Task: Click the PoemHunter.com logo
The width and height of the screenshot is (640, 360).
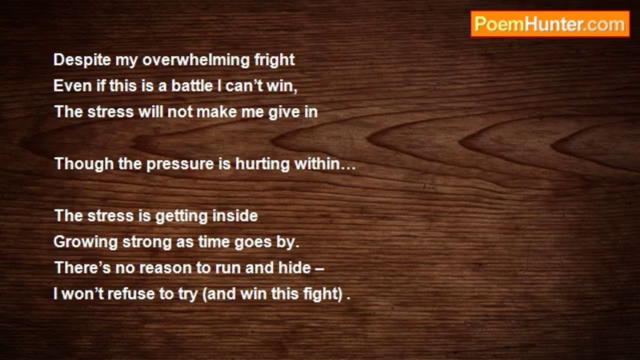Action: tap(550, 24)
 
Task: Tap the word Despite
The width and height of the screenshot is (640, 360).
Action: tap(82, 60)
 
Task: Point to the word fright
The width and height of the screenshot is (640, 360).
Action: tap(274, 60)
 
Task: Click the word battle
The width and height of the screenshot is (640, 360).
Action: tap(192, 85)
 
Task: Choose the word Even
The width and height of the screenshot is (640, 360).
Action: tap(72, 85)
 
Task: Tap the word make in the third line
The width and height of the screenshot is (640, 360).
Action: tap(216, 111)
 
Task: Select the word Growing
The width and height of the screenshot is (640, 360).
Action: tap(85, 242)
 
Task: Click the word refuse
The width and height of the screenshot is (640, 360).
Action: tap(131, 293)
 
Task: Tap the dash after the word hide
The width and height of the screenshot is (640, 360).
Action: tap(319, 269)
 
